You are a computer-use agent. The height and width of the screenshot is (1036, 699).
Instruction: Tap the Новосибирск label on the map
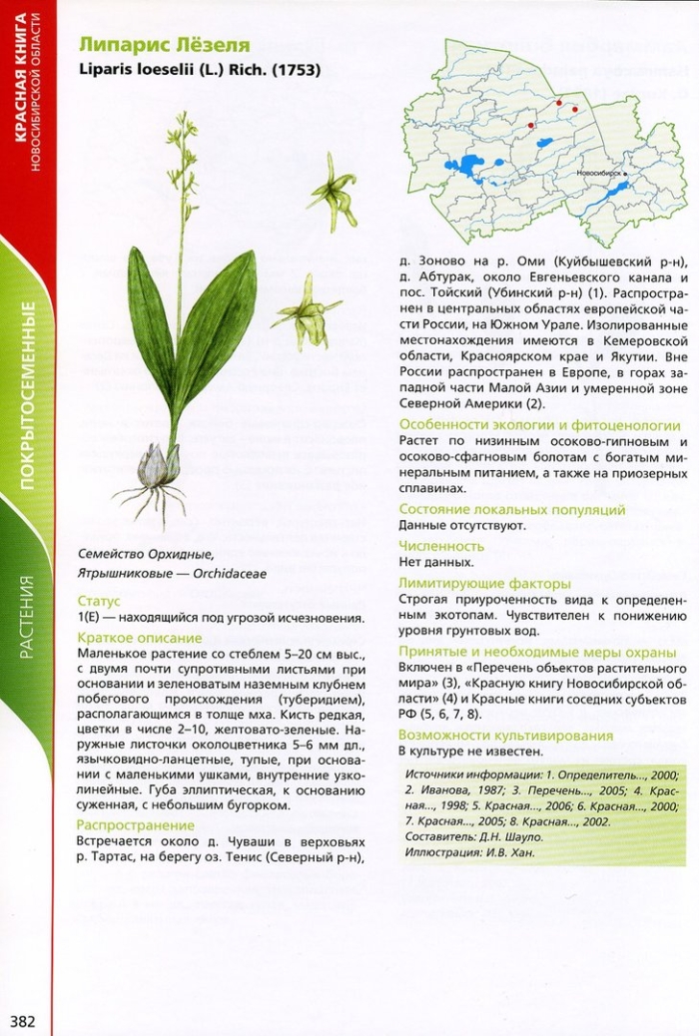[598, 173]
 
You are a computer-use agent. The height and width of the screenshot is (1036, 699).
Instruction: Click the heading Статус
[98, 601]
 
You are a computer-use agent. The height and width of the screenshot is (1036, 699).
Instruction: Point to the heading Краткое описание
[139, 637]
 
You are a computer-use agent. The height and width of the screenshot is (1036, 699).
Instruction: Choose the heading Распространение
[135, 824]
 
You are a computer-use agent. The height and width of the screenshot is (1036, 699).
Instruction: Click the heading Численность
[441, 546]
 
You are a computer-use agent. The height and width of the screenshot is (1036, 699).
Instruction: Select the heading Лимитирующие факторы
[484, 583]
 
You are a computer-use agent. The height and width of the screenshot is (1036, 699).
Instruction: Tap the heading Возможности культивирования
[505, 736]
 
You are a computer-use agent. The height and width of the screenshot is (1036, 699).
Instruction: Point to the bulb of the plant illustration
[158, 465]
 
